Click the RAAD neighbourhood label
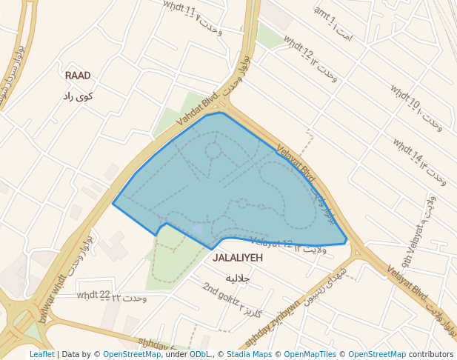(78, 76)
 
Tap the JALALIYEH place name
(238, 258)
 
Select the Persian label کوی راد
(78, 96)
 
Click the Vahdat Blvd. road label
(198, 109)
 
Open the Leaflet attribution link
(41, 354)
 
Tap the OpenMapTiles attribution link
(312, 354)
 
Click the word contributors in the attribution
(431, 354)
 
